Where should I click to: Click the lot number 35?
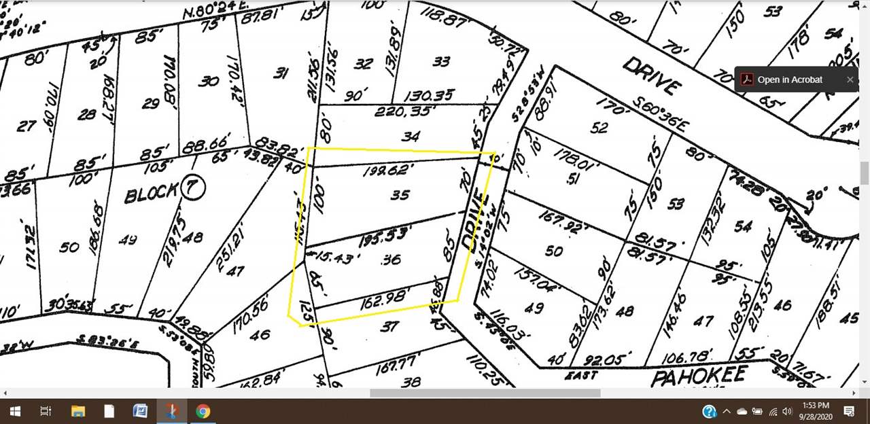pos(400,195)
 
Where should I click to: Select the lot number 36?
pos(391,259)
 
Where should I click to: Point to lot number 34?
pos(411,137)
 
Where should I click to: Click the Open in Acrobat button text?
pos(790,79)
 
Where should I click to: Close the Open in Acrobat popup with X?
pos(850,79)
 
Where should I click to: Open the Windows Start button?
pos(14,411)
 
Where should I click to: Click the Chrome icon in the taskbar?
pos(203,411)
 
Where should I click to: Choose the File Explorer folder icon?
pos(77,411)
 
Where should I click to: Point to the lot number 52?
pos(599,128)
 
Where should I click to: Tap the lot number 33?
pos(441,62)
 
